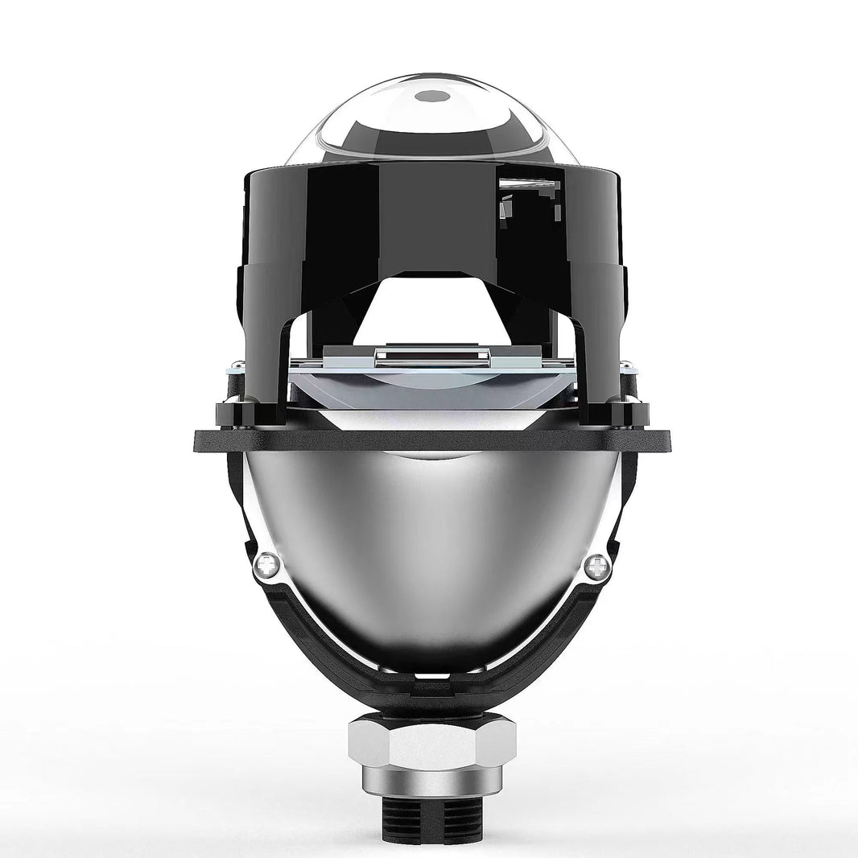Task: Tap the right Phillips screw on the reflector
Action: (x=596, y=567)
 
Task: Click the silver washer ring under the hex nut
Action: (x=428, y=782)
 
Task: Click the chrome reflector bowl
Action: (x=428, y=547)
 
